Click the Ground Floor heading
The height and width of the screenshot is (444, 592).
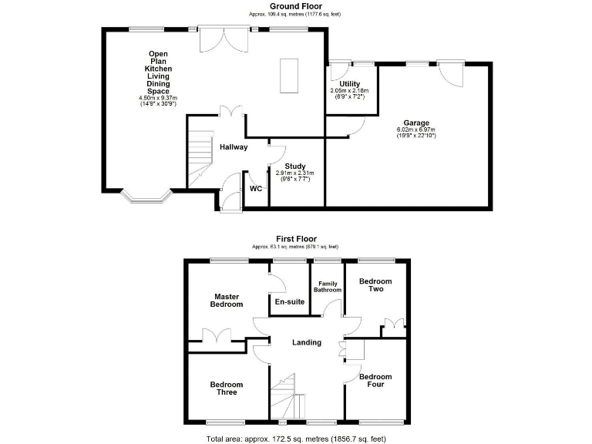click(x=295, y=6)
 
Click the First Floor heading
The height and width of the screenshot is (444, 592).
click(x=296, y=239)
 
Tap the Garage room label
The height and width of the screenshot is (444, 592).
click(x=416, y=123)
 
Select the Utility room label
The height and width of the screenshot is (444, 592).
click(x=349, y=83)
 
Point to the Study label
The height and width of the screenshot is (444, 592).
click(x=295, y=166)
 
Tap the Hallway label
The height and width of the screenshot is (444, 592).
click(x=233, y=146)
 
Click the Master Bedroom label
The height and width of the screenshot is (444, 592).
click(x=227, y=300)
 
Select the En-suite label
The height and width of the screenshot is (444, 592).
click(x=289, y=301)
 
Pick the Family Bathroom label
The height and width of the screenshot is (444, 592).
click(x=327, y=286)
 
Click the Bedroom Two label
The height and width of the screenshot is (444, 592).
click(x=375, y=285)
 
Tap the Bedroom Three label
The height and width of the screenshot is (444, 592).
click(x=227, y=388)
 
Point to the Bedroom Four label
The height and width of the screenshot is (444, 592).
click(x=375, y=381)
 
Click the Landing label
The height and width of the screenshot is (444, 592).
click(x=306, y=342)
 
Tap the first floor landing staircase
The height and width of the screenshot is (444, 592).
click(x=287, y=394)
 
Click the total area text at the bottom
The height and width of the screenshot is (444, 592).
click(x=295, y=438)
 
